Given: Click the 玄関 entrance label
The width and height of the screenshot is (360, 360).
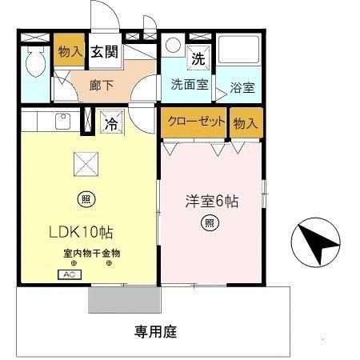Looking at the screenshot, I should (102, 53).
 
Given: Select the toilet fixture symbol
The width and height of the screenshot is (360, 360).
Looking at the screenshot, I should (35, 62).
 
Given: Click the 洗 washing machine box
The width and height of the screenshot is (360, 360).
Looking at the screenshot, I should (196, 58).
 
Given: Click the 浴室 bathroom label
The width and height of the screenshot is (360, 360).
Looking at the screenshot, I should (242, 88).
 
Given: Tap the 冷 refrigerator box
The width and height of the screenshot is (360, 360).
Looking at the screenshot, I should (110, 124).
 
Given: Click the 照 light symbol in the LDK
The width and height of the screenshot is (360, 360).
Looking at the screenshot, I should (85, 198).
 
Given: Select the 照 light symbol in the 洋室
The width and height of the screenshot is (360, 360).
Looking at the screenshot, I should (210, 223).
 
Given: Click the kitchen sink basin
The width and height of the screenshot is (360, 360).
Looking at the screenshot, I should (60, 123).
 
